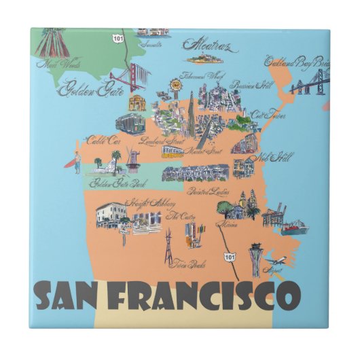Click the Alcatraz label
(x=206, y=46)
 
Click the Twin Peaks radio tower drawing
(x=167, y=245)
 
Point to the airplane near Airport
(x=278, y=261)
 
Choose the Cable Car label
(x=102, y=141)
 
